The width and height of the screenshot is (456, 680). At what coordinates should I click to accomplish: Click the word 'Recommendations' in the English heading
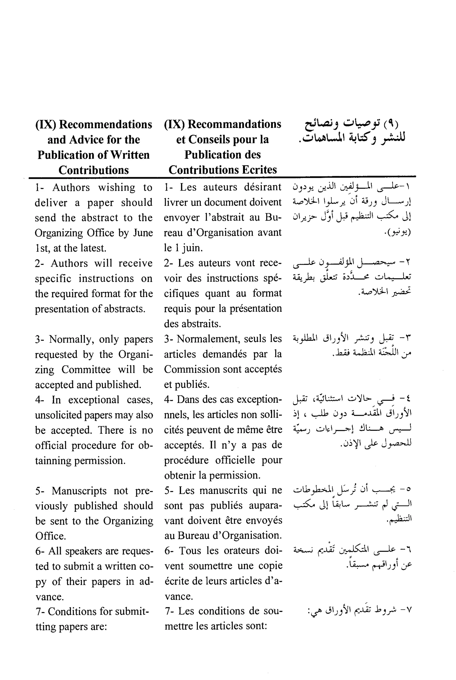(105, 124)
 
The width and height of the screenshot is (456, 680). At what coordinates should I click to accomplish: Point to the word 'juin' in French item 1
(192, 248)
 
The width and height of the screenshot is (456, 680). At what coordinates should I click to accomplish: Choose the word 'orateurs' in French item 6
(237, 551)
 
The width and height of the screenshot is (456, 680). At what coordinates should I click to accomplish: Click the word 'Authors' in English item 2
(69, 263)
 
